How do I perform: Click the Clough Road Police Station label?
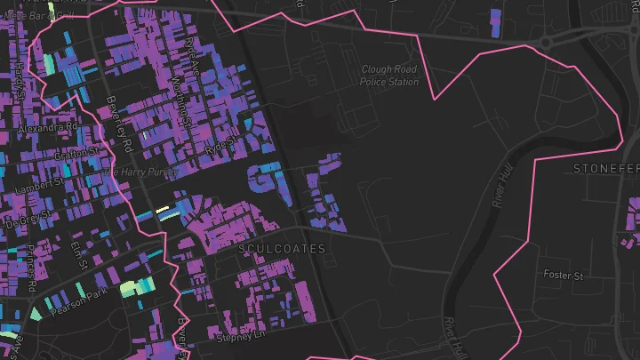tap(389, 76)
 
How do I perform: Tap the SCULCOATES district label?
tap(282, 250)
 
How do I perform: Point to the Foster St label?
tap(563, 276)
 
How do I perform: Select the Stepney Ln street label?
tap(242, 337)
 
